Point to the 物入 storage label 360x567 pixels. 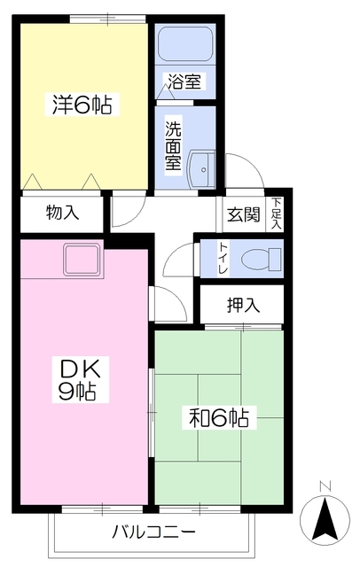[x=63, y=213]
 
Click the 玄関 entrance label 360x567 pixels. [x=244, y=214]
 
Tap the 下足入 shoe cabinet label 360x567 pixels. [x=276, y=213]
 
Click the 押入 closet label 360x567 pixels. [x=243, y=306]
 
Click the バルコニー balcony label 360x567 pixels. [x=153, y=532]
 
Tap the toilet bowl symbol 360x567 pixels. [x=262, y=259]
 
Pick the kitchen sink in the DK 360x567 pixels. [x=82, y=259]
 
